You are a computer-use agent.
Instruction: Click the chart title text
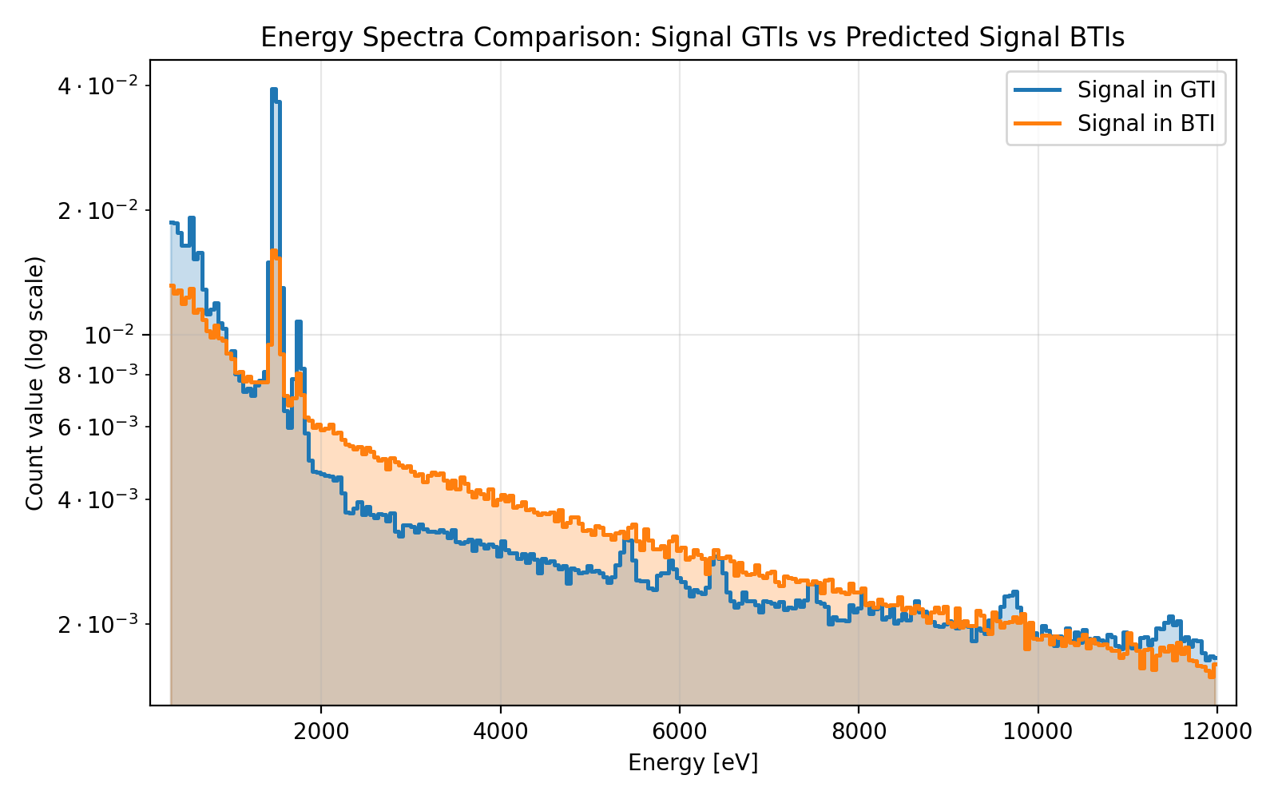[x=693, y=38]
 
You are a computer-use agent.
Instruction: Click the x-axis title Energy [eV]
[x=693, y=763]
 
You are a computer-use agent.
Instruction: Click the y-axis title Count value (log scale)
[x=34, y=384]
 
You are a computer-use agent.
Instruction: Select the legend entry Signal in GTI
[x=1146, y=89]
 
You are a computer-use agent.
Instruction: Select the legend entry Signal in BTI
[x=1146, y=123]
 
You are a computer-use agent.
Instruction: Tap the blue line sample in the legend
[x=1038, y=89]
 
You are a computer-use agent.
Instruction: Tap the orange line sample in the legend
[x=1038, y=123]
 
